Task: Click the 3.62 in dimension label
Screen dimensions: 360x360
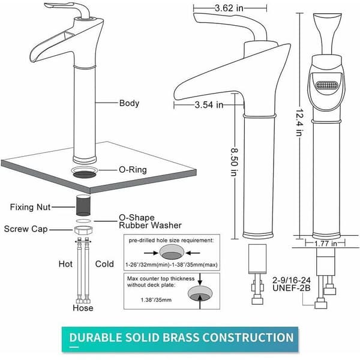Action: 229,8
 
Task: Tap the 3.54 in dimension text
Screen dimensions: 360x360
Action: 209,105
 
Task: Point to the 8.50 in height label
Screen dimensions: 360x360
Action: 234,162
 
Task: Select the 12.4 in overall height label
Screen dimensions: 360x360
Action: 300,122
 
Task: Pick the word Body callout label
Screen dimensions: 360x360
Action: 129,103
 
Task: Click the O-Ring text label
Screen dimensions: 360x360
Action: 133,170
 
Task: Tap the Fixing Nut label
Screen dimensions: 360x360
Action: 30,207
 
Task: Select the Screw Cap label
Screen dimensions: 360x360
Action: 26,229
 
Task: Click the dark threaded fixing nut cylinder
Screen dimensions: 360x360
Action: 83,205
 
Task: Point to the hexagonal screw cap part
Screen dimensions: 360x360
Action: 83,230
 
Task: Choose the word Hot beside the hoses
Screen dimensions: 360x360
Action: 65,264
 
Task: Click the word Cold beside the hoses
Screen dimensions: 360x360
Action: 104,264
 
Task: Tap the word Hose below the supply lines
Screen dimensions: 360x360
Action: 83,308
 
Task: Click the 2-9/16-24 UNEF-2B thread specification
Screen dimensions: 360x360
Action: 292,284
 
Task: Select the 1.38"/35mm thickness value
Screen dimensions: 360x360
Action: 156,300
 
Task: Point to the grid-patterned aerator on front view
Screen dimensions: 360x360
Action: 327,86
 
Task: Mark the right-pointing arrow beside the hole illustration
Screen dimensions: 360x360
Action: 152,253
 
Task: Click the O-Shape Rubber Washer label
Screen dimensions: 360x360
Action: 150,221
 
